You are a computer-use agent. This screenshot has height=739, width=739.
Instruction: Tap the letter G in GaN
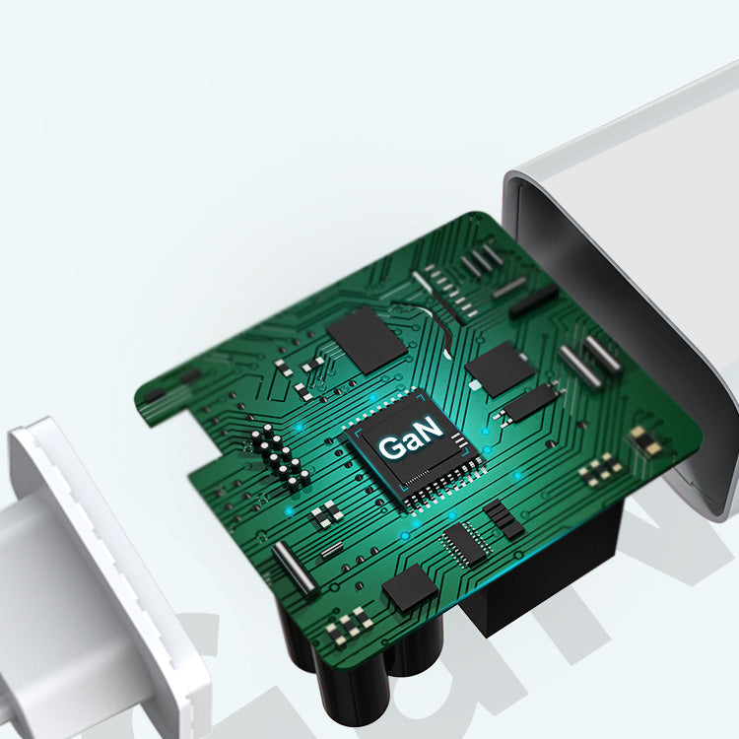(x=391, y=446)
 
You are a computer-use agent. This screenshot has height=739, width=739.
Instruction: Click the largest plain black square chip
(x=367, y=340)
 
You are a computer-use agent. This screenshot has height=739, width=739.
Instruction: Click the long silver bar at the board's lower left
(x=294, y=568)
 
